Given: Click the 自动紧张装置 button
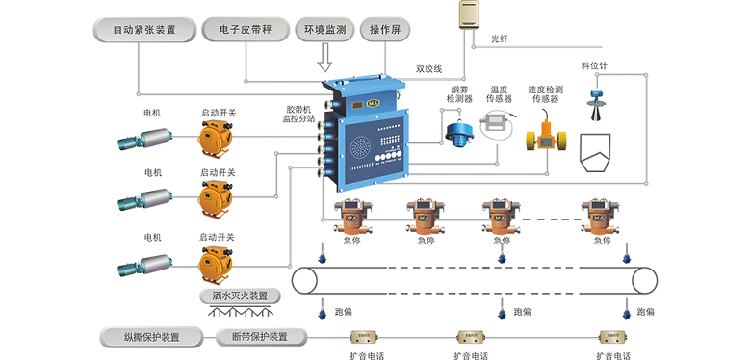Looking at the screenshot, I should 144,30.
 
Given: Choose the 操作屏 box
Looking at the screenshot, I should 385,30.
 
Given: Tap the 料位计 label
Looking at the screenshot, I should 594,66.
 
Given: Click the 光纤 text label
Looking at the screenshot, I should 500,39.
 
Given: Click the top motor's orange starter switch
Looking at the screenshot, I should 216,141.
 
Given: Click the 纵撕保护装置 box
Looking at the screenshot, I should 151,337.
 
